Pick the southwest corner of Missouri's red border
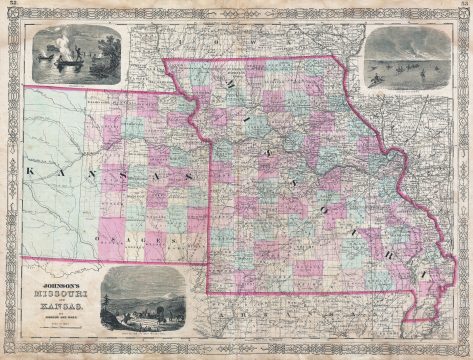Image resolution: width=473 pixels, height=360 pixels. pyautogui.click(x=208, y=292)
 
